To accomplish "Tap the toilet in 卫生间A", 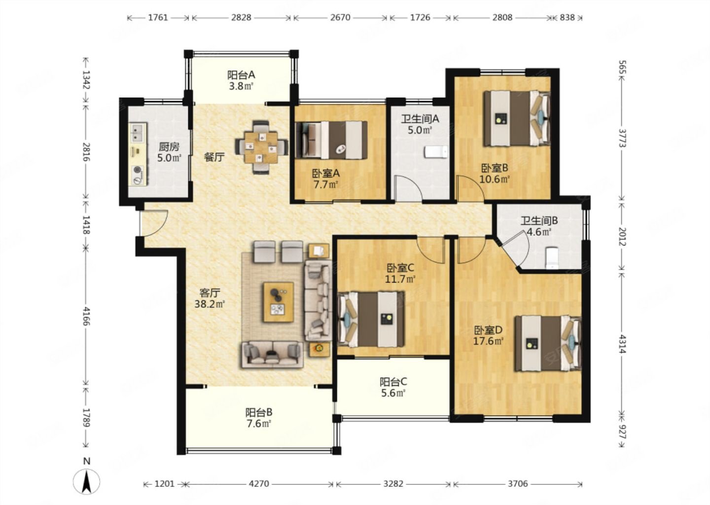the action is coord(436,152).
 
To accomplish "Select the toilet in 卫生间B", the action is coord(552,258).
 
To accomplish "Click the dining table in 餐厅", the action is coord(261,147).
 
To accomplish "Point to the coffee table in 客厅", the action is coord(278,302).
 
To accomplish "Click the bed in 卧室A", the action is coord(331,140).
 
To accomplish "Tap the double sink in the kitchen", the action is coord(138,132).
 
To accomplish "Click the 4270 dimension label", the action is coord(259,484).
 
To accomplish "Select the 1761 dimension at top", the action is coord(158,17).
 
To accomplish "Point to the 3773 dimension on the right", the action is coord(622,138).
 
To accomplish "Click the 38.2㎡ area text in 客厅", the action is coord(210,304).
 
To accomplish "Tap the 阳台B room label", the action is coord(259,412).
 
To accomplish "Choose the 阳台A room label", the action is coord(241,75).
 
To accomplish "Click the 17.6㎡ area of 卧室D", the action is coord(488,341).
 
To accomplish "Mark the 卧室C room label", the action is coord(400,268).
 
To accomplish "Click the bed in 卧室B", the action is coord(517,118).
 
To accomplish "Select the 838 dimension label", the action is coord(567,17).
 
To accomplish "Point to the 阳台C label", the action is coord(393,382).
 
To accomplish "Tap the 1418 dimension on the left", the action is coord(86,225).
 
